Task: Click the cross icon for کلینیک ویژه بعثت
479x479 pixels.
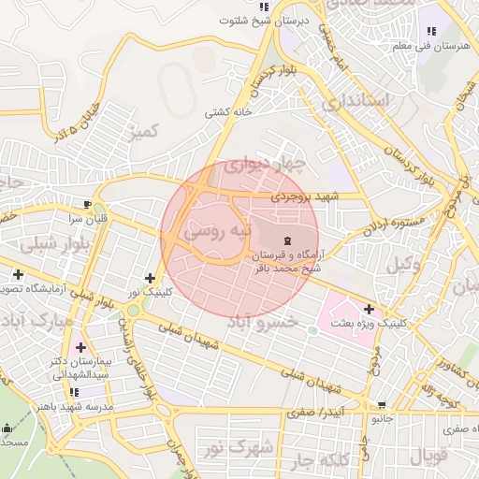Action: point(370,309)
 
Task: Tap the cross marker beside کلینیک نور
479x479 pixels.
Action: point(150,278)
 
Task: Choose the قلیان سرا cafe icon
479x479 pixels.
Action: point(87,204)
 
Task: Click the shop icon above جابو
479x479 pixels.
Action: point(381,406)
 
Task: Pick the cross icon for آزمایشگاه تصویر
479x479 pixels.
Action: point(19,274)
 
